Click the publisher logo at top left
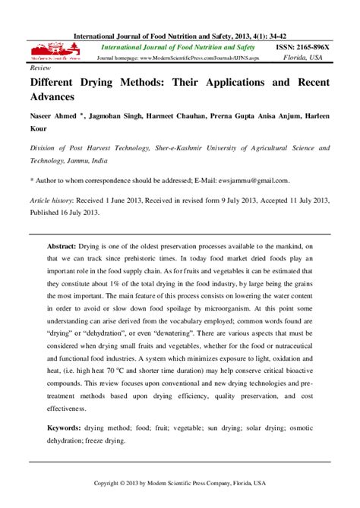coord(55,54)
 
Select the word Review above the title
coord(39,67)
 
